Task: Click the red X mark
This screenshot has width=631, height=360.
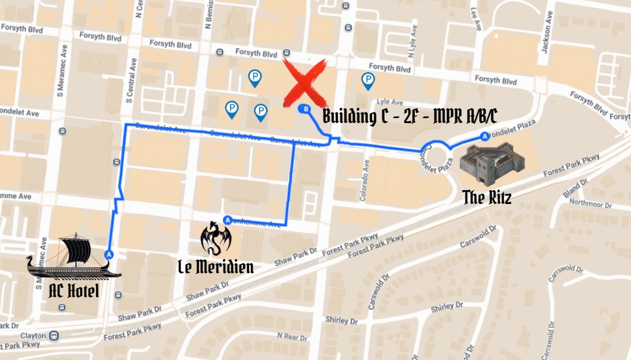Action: click(x=305, y=81)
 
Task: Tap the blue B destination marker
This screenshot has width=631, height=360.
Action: click(x=306, y=109)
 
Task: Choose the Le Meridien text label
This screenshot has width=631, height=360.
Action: click(x=215, y=267)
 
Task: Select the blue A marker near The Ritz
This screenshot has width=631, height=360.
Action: click(x=484, y=136)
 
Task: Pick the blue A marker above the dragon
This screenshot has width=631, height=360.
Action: click(x=227, y=220)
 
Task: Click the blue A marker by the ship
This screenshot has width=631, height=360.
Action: click(x=109, y=254)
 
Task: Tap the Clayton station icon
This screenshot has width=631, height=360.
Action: click(x=55, y=335)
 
